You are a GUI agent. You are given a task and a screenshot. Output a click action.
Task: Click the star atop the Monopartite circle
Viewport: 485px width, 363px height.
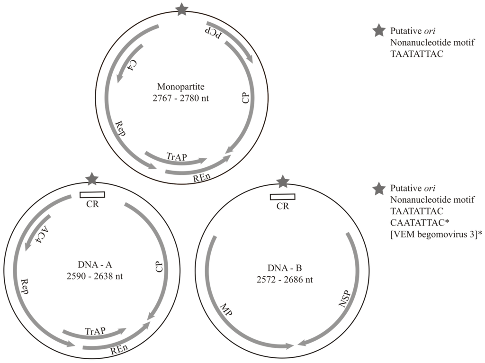coord(182,9)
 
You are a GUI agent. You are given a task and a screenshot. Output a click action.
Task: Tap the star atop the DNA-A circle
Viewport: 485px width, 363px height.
coord(92,179)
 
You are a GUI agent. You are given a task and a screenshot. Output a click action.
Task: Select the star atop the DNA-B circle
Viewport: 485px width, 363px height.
coord(283,181)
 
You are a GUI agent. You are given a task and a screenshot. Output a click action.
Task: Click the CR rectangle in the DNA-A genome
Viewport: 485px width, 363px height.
coord(92,194)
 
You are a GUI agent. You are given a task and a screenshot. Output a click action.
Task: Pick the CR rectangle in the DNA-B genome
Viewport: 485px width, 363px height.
coord(282,197)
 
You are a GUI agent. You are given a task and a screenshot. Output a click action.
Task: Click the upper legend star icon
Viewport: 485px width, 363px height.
coord(378,31)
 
